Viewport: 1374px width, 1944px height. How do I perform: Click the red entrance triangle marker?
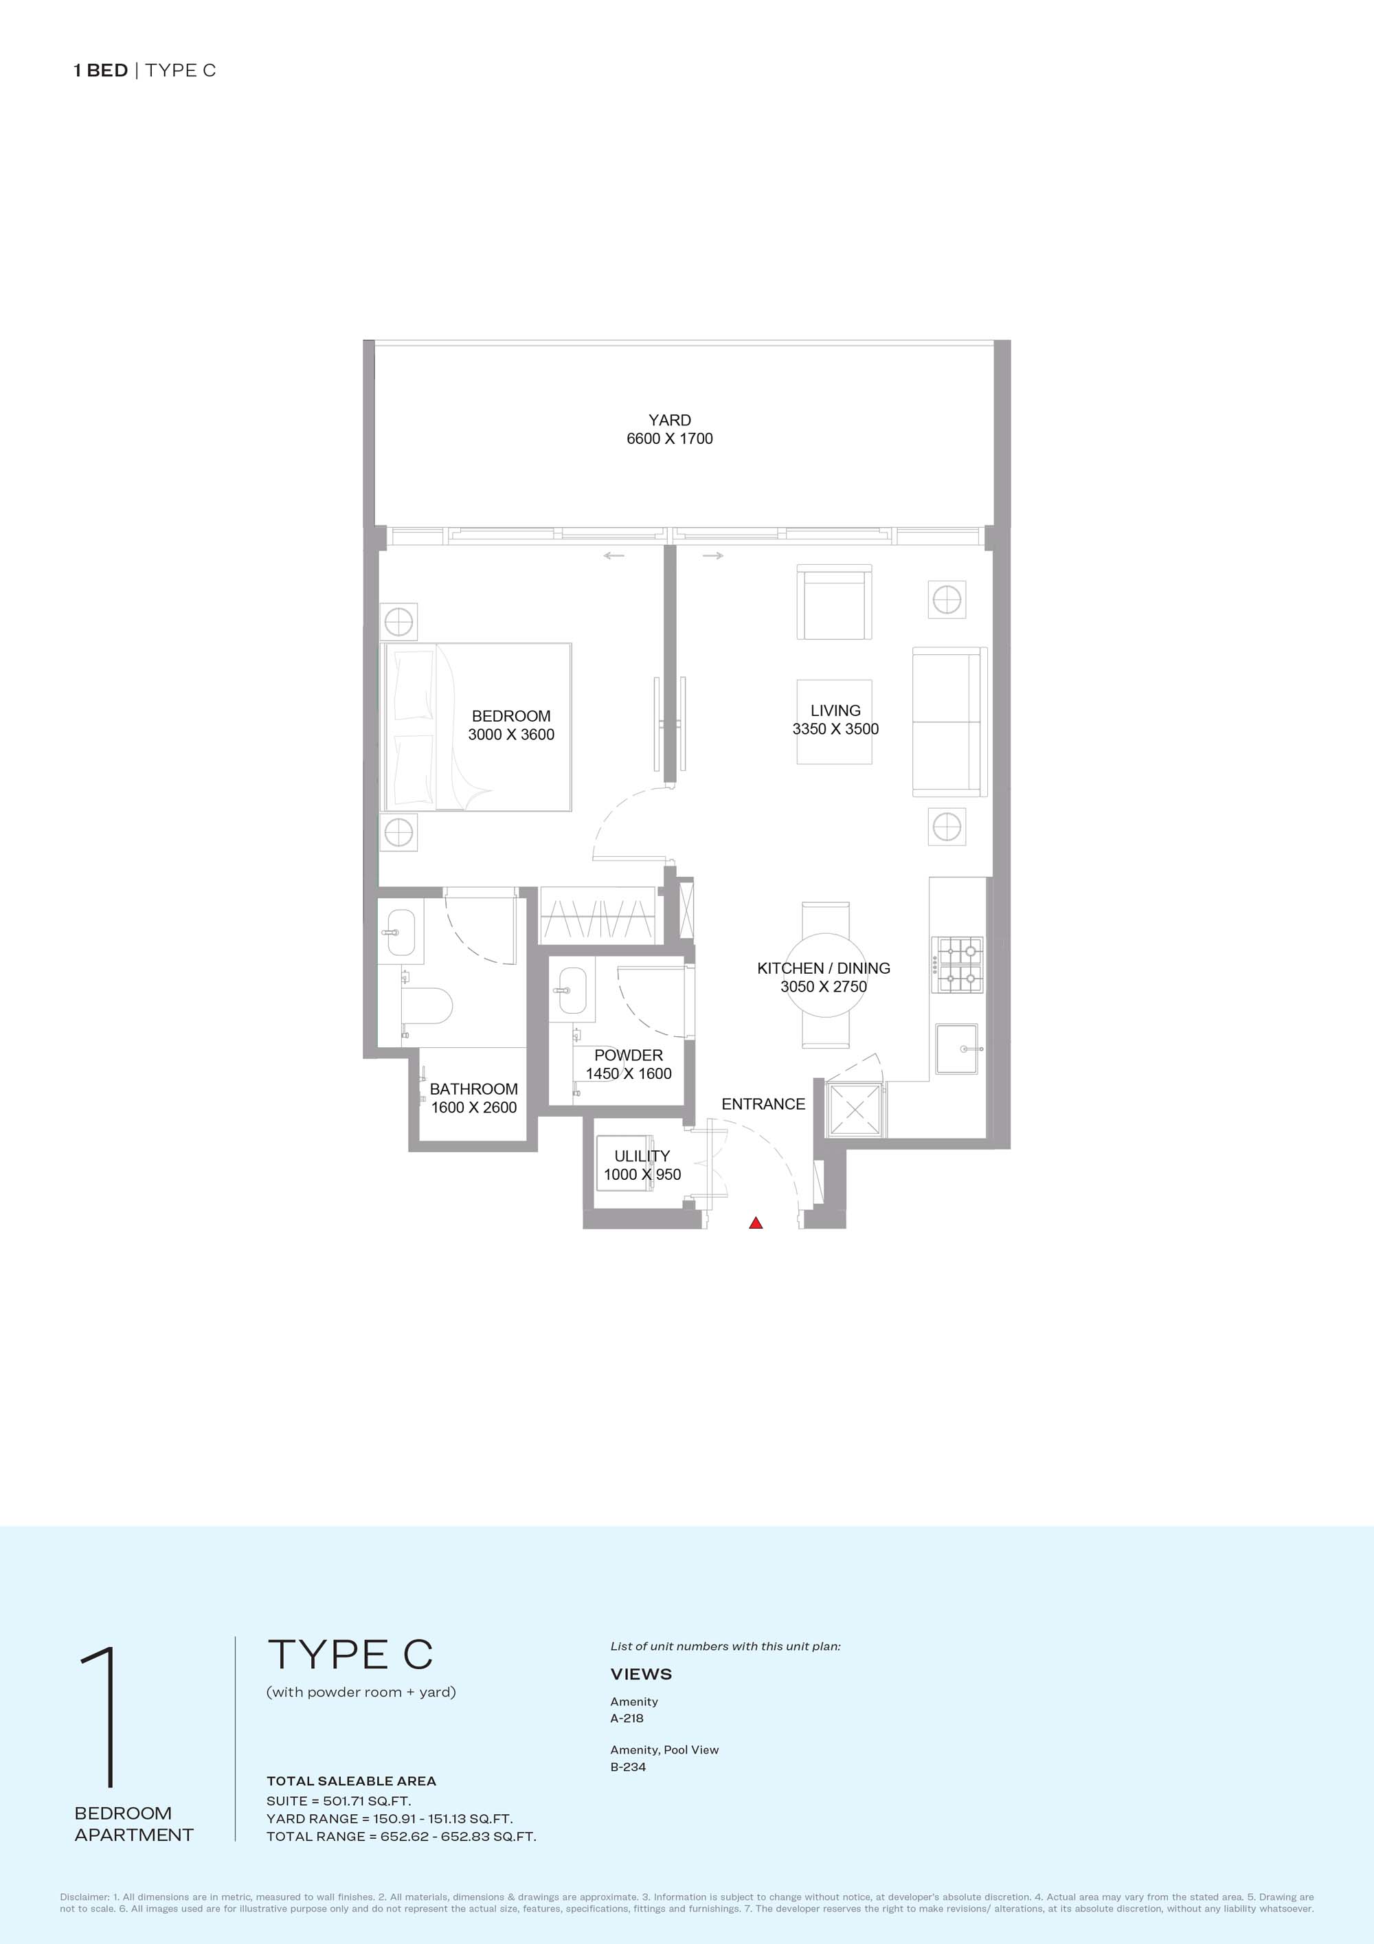pyautogui.click(x=756, y=1222)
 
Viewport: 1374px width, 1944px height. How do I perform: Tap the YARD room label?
pyautogui.click(x=670, y=420)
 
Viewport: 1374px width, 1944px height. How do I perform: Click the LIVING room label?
pyautogui.click(x=835, y=711)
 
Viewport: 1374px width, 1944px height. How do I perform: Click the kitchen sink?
pyautogui.click(x=956, y=1049)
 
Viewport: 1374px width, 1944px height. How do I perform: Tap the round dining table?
pyautogui.click(x=825, y=974)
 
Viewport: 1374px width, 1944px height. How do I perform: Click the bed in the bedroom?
pyautogui.click(x=477, y=726)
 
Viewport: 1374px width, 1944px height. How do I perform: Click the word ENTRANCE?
pyautogui.click(x=763, y=1104)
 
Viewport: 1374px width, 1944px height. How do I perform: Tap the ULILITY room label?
pyautogui.click(x=642, y=1156)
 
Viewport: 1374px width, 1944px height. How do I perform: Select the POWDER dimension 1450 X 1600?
pyautogui.click(x=628, y=1073)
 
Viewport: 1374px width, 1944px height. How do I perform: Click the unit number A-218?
pyautogui.click(x=627, y=1718)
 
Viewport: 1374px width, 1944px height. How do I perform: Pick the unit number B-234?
pyautogui.click(x=628, y=1766)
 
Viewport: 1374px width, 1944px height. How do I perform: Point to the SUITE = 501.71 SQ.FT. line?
pyautogui.click(x=339, y=1801)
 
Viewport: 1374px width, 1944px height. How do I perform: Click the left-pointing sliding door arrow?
pyautogui.click(x=613, y=555)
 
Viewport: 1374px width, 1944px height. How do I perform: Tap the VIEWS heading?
pyautogui.click(x=641, y=1674)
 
